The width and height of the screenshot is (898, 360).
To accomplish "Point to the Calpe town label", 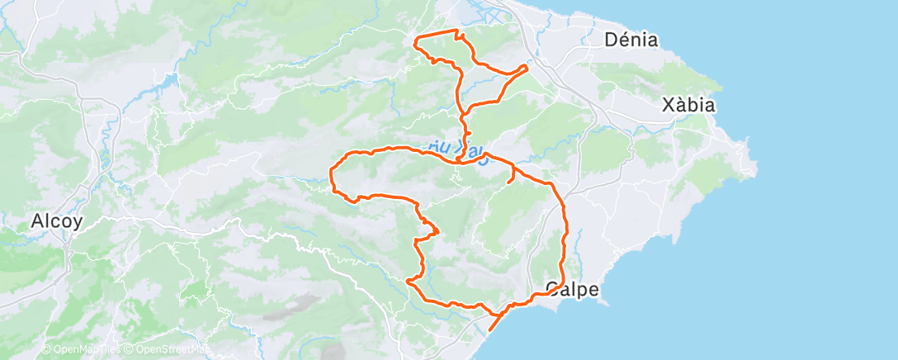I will [x=572, y=289].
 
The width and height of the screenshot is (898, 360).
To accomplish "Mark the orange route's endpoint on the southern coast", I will [x=490, y=330].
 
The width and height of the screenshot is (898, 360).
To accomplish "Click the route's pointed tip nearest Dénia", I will [x=527, y=65].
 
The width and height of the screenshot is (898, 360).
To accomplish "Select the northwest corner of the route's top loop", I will [x=414, y=37].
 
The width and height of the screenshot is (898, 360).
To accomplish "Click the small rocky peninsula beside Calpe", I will [x=607, y=300].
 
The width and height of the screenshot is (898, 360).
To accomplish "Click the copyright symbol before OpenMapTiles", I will [x=47, y=350].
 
